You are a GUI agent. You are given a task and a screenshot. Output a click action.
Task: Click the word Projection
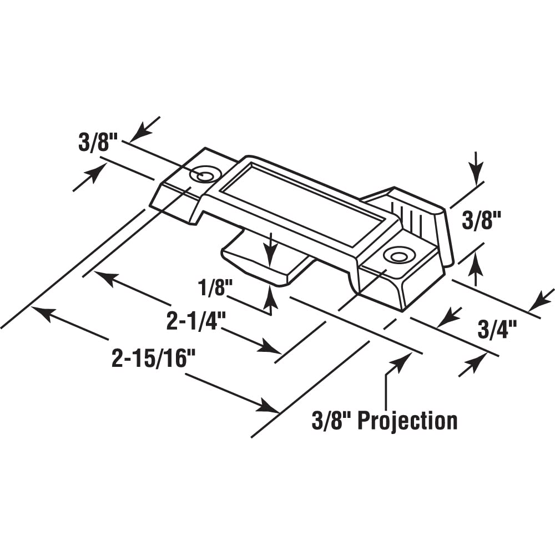(407, 421)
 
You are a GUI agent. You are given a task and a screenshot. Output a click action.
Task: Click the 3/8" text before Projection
(331, 421)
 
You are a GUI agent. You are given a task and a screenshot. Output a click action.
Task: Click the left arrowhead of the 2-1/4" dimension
(106, 277)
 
